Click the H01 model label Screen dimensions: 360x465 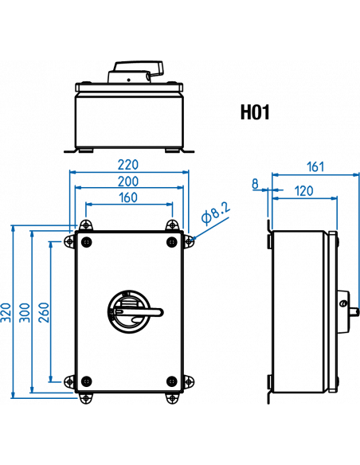point(255,112)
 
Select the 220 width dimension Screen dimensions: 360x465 point(128,165)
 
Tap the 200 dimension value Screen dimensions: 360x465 point(128,182)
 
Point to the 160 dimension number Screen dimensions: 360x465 point(128,197)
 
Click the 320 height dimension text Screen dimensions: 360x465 point(6,312)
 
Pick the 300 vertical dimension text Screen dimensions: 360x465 point(25,312)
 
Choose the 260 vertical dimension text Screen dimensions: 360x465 point(43,312)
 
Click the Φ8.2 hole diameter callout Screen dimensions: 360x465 point(216,213)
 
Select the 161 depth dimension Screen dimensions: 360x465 point(315,166)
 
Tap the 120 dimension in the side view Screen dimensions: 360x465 point(304,191)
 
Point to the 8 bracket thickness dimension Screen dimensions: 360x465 point(255,184)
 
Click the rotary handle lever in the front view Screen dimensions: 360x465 point(139,312)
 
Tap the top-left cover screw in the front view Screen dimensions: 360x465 point(86,242)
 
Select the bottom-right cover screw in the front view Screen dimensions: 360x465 point(172,381)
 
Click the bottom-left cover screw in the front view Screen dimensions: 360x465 point(86,381)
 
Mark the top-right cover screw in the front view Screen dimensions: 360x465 point(172,242)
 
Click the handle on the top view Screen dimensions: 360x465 point(139,68)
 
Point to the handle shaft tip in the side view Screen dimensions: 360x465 point(358,312)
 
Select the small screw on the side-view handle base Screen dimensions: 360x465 point(344,303)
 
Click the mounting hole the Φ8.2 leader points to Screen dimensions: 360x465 point(189,242)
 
